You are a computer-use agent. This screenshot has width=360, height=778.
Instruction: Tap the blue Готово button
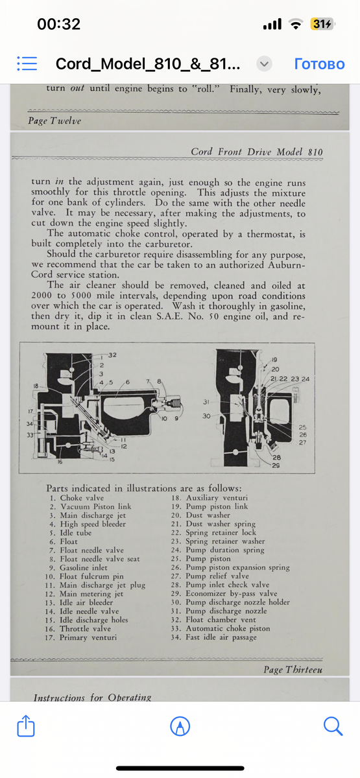[x=319, y=64]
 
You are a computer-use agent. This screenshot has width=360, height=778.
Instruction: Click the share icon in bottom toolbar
[x=26, y=725]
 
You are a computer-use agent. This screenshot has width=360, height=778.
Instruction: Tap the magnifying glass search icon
[x=333, y=726]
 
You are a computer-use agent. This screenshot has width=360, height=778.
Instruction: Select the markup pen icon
[x=180, y=726]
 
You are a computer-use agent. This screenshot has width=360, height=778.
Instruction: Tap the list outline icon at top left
[x=27, y=64]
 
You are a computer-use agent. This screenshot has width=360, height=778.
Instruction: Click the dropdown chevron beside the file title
[x=264, y=64]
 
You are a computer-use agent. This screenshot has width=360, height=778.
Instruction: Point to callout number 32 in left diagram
[x=112, y=355]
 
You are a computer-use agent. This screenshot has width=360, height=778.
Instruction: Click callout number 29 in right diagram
[x=276, y=465]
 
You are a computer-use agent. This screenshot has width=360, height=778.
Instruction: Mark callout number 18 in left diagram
[x=36, y=386]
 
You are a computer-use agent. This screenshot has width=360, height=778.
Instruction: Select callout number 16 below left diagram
[x=60, y=462]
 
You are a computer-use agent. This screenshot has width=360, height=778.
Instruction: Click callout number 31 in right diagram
[x=206, y=402]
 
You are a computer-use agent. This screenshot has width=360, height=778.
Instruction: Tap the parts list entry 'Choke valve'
[x=82, y=498]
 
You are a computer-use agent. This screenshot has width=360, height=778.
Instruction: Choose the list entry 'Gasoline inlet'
[x=84, y=567]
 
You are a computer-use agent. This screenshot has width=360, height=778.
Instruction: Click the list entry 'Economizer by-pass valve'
[x=232, y=594]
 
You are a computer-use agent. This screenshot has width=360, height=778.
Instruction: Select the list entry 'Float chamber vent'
[x=221, y=620]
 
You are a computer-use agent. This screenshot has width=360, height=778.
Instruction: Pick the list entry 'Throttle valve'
[x=85, y=629]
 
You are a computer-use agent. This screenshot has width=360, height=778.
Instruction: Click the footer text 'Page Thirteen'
[x=293, y=669]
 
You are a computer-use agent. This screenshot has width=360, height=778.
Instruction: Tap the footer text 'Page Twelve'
[x=54, y=121]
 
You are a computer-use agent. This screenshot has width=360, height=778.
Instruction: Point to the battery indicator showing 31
[x=322, y=23]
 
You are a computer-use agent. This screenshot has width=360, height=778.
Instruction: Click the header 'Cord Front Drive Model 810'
[x=257, y=152]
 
